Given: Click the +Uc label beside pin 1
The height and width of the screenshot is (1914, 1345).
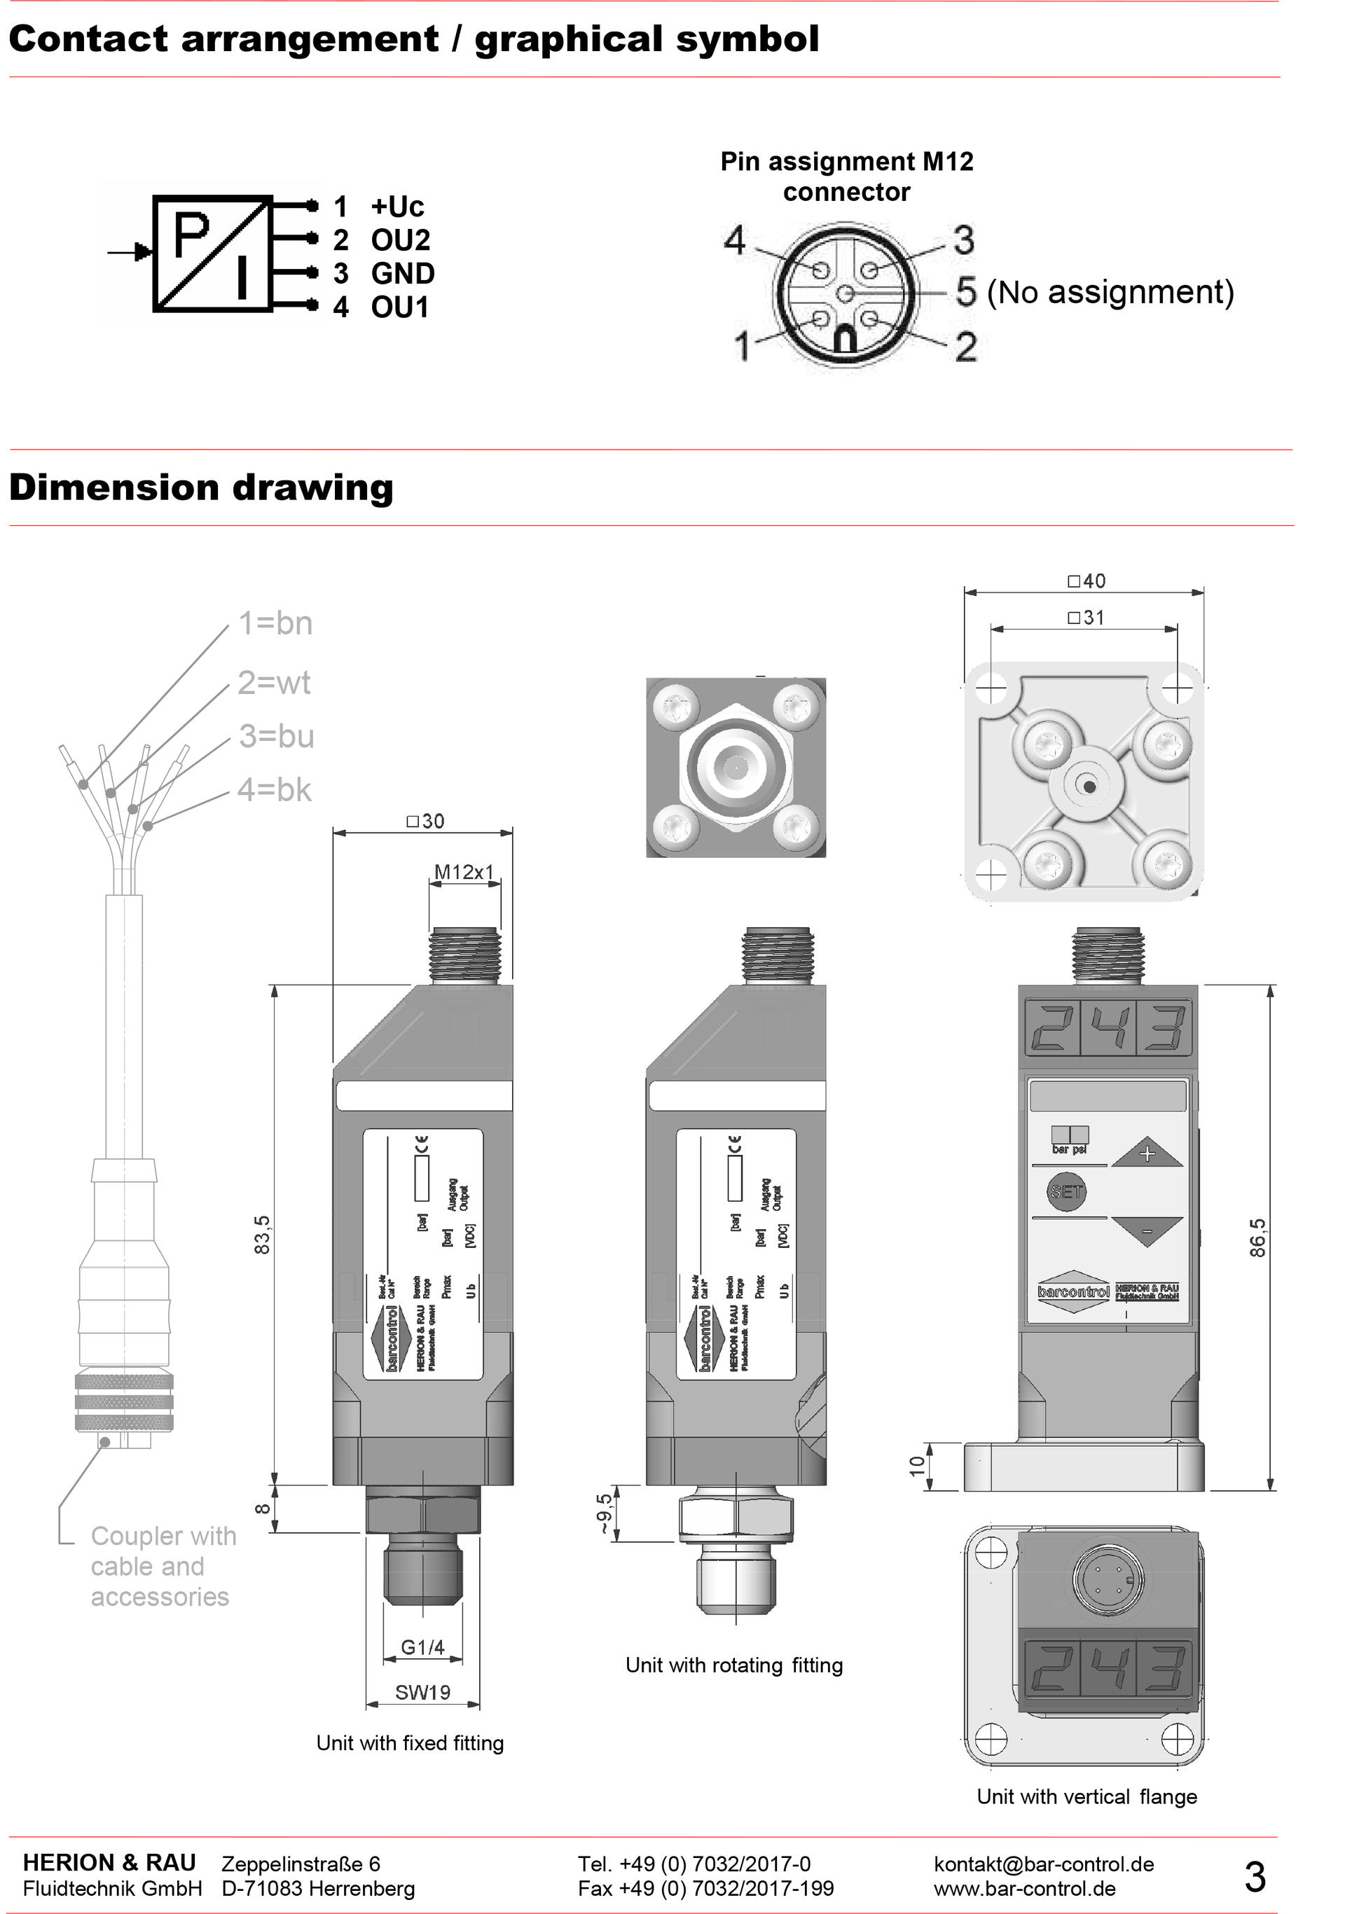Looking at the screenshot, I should (397, 207).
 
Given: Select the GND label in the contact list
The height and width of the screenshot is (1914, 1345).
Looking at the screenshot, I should (403, 273).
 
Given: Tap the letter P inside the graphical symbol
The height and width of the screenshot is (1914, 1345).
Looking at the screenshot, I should (191, 236).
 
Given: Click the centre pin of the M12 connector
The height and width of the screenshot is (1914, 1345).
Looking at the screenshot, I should (845, 293).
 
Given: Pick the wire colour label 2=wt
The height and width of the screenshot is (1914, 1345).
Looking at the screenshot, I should (273, 683).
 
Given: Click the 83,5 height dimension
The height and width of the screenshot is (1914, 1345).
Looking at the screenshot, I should (263, 1235).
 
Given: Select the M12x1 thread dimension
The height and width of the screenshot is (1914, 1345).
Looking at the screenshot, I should (464, 872).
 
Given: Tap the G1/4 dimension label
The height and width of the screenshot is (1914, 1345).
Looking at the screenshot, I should (422, 1646).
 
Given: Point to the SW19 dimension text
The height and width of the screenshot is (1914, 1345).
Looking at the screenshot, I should (422, 1692).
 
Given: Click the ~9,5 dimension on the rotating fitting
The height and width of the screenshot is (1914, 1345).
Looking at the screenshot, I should (604, 1513).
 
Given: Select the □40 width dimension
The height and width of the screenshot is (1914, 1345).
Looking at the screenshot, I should (1087, 581).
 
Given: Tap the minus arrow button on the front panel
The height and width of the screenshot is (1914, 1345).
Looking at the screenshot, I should (1147, 1231).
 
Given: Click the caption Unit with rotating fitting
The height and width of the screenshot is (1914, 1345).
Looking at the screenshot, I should (733, 1665).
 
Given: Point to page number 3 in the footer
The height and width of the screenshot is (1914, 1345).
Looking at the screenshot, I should (1255, 1876).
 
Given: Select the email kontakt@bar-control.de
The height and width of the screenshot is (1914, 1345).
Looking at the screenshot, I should (1044, 1864).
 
